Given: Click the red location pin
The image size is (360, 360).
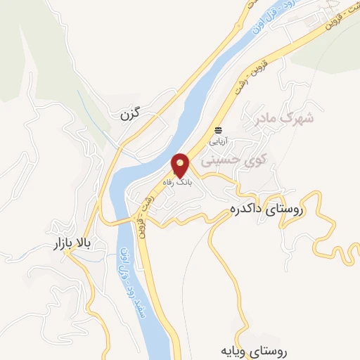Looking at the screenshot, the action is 181,165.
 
